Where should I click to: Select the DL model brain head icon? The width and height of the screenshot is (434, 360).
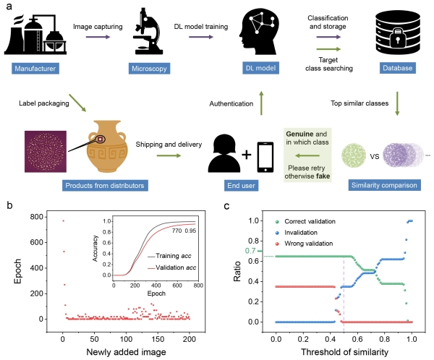click(261, 35)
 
